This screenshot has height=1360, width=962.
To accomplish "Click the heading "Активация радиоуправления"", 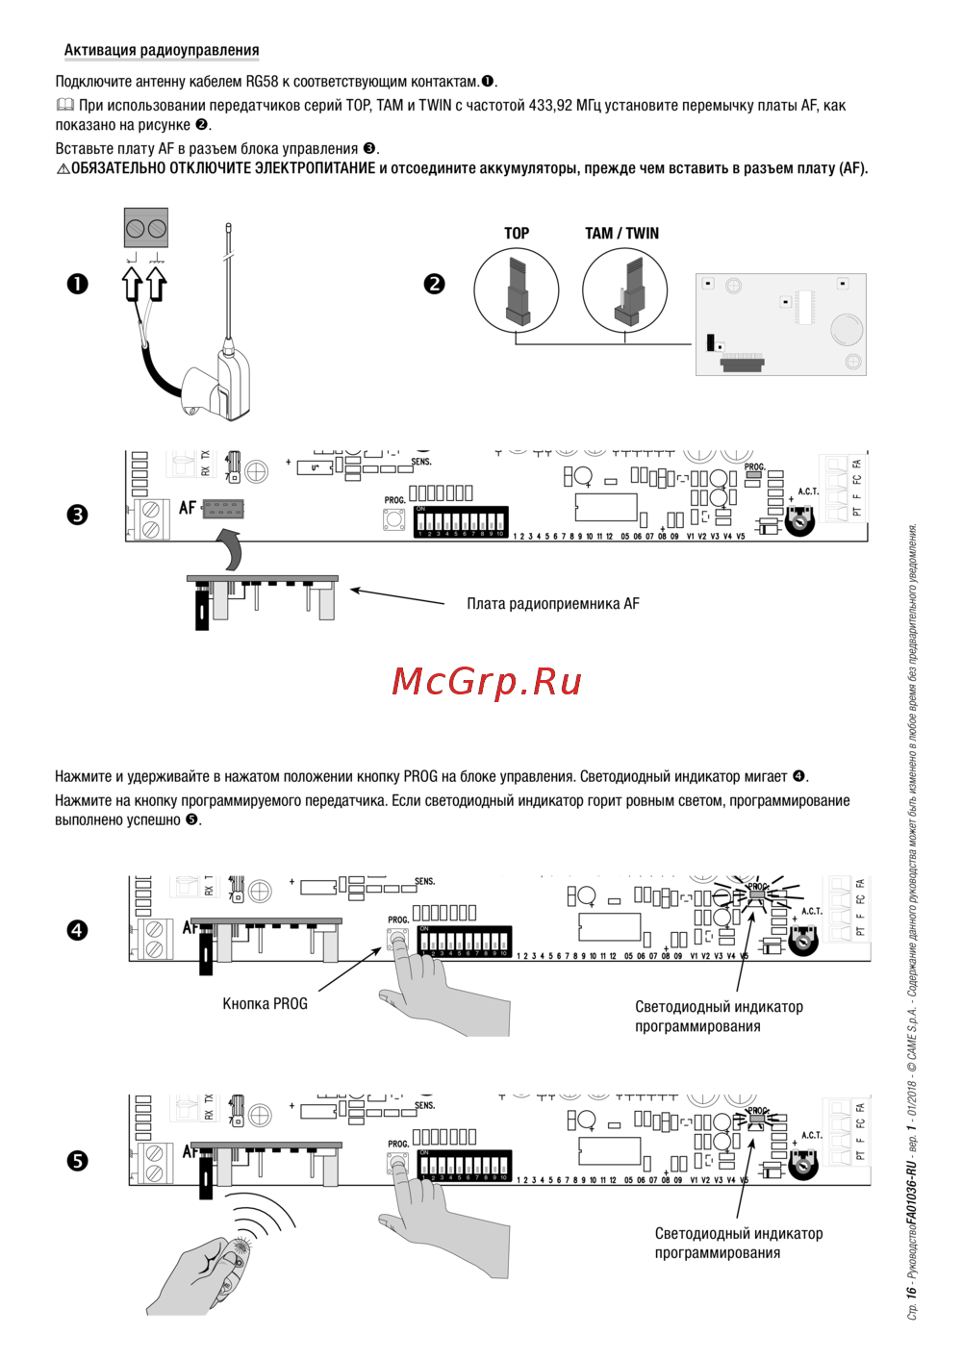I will tap(162, 50).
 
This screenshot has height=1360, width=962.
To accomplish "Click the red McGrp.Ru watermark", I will tap(487, 681).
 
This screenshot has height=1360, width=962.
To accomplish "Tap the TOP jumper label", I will tap(517, 233).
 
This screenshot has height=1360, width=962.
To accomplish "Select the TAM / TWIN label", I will tap(621, 233).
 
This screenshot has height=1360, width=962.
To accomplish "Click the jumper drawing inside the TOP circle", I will tap(517, 290).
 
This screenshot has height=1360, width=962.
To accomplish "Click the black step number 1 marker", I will tap(77, 284).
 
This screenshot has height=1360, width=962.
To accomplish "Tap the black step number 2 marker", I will tap(435, 284).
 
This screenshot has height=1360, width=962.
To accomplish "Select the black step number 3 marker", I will tap(77, 515).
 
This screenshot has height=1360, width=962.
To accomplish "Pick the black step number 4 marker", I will tap(77, 930).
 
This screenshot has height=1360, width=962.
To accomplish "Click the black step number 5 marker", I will tap(77, 1161).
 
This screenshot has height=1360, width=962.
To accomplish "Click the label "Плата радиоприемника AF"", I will tap(552, 604).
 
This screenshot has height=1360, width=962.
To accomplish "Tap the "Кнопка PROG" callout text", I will tap(265, 1003).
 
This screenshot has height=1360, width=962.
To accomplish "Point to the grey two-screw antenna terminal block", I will tap(145, 229).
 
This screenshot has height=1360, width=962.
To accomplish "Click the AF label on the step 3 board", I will tap(188, 507).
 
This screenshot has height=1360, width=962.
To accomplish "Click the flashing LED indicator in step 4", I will tap(757, 894).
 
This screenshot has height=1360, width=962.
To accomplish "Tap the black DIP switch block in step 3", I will tap(461, 521).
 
